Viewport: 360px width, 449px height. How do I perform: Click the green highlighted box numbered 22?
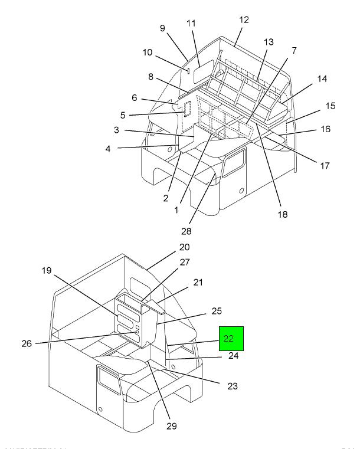(231, 338)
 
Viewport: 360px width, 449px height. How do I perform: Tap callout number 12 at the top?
(244, 20)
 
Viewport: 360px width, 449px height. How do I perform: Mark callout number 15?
(330, 106)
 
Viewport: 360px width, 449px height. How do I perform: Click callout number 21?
(197, 283)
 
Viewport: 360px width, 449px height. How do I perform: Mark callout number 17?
(325, 166)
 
